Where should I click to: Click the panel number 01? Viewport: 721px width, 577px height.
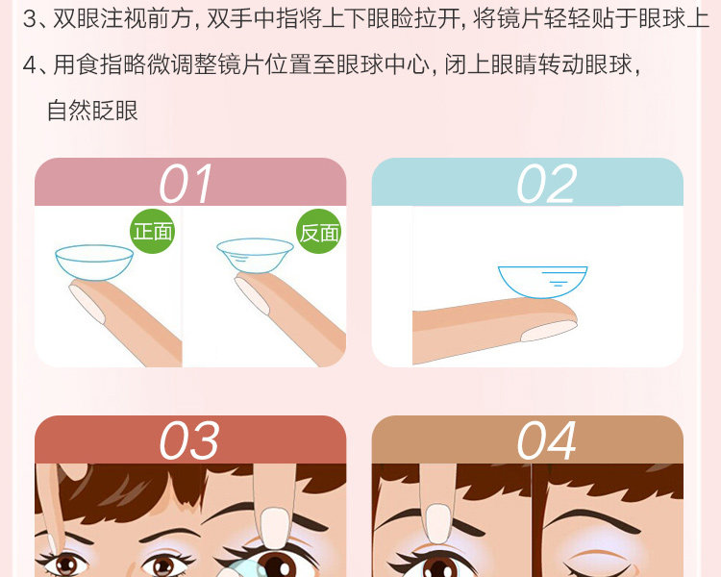click(186, 184)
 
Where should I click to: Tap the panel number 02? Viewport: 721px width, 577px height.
click(546, 184)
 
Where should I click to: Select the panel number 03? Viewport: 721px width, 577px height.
click(188, 440)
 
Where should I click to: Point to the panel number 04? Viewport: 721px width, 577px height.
click(546, 440)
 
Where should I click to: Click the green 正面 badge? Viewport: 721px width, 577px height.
click(153, 231)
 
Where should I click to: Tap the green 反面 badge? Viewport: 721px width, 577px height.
click(319, 231)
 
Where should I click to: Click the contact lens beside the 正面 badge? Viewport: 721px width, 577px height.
click(94, 263)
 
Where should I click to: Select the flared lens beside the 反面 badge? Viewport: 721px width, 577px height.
click(255, 256)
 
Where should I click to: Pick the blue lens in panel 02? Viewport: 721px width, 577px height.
click(542, 282)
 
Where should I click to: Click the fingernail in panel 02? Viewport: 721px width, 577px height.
click(549, 331)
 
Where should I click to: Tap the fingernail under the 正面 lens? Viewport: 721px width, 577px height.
click(87, 303)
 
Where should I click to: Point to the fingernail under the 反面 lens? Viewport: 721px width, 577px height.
click(252, 294)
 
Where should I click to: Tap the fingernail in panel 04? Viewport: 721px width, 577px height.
click(437, 523)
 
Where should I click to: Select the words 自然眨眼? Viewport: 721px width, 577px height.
click(92, 111)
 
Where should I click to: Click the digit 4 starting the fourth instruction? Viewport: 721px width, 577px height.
click(30, 64)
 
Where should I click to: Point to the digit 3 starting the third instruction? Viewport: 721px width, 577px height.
click(30, 19)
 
